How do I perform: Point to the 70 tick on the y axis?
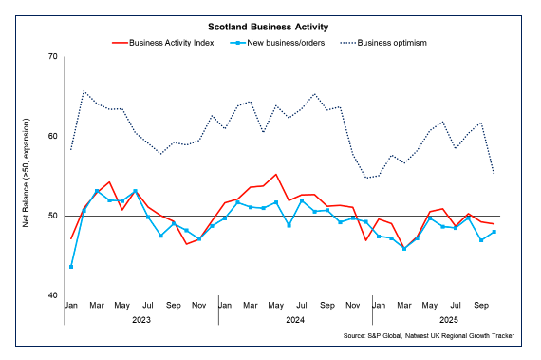[52, 57]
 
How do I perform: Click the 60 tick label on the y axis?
[52, 137]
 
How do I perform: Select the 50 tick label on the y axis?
[52, 217]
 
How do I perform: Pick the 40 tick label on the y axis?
[52, 296]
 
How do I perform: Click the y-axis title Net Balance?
[28, 176]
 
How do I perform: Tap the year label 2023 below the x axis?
[141, 320]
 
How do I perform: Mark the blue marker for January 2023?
[71, 267]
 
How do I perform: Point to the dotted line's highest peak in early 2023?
[84, 91]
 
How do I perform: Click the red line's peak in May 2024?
[276, 175]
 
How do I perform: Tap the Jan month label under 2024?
[225, 307]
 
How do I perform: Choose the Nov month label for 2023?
[199, 307]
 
